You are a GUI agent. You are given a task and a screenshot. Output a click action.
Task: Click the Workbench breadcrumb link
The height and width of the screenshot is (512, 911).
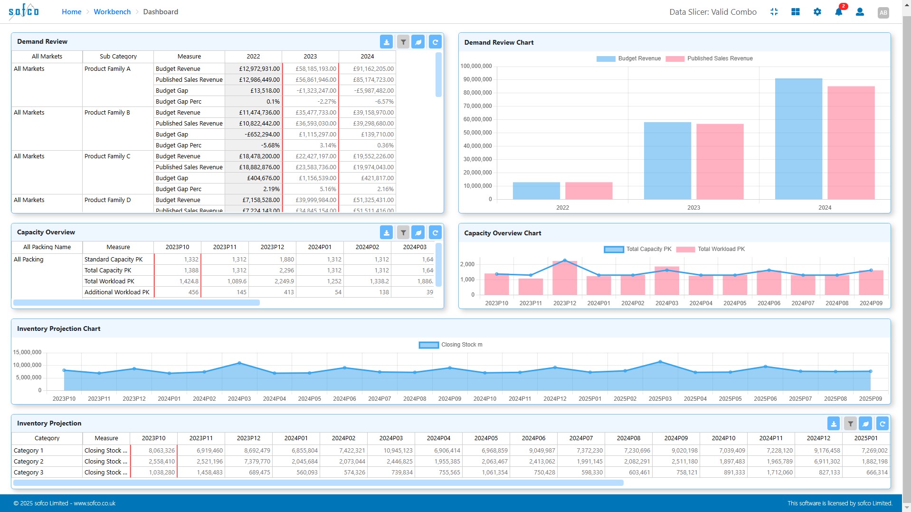tap(112, 12)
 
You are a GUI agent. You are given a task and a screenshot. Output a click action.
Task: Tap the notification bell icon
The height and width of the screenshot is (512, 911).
tap(838, 12)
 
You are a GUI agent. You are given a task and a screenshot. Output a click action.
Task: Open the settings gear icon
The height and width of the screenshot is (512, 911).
tap(817, 12)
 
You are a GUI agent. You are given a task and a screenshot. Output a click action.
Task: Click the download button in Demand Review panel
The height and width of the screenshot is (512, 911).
tap(386, 42)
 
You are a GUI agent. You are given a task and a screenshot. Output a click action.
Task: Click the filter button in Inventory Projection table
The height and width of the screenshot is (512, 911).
tap(850, 424)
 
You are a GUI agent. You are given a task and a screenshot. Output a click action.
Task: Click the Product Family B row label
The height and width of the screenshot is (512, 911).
tap(107, 113)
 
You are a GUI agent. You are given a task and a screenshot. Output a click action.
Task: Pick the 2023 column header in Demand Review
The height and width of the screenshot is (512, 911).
tap(310, 57)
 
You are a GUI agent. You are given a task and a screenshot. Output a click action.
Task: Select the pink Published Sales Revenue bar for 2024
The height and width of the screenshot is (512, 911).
tap(851, 143)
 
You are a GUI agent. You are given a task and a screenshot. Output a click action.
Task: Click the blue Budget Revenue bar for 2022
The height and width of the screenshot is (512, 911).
tap(536, 191)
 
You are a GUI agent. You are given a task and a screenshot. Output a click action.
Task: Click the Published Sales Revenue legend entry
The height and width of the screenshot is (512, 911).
tap(709, 58)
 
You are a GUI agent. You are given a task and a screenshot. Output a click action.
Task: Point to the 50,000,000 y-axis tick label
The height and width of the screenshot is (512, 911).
tap(477, 133)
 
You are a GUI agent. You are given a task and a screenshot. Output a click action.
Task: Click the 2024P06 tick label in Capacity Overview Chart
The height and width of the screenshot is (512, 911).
tap(769, 303)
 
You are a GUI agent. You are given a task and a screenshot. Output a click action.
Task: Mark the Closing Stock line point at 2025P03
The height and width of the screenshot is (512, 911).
tap(660, 362)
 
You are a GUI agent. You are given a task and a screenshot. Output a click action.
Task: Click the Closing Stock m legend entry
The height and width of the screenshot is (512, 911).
tap(450, 345)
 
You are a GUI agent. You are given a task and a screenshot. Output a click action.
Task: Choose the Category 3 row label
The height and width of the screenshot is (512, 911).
tap(28, 473)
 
